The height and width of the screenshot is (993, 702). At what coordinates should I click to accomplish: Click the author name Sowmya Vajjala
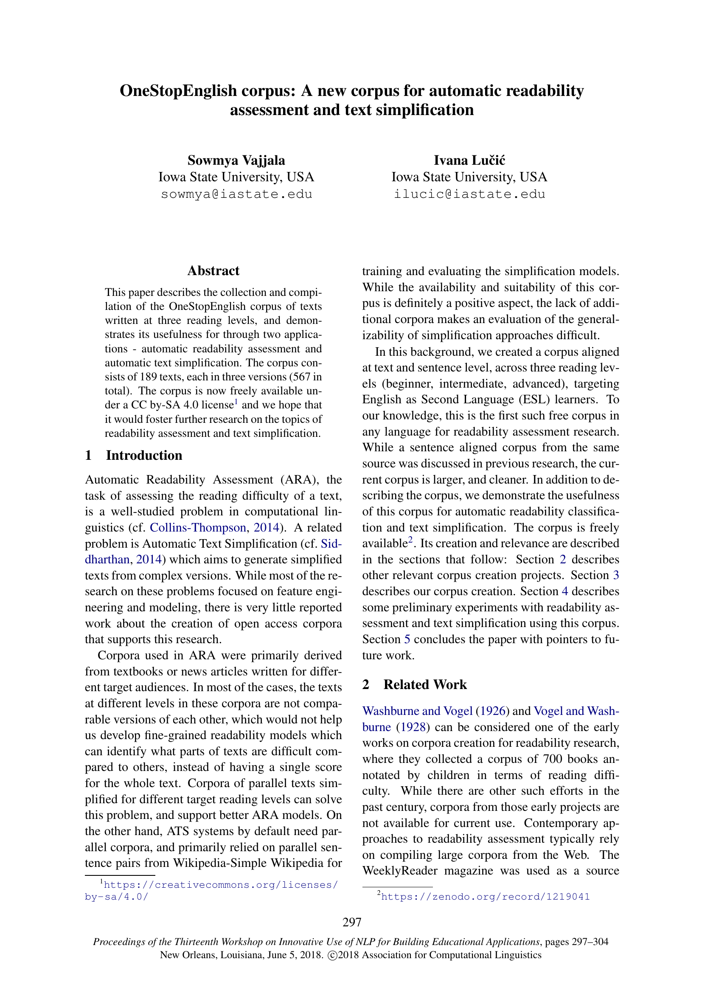coord(236,160)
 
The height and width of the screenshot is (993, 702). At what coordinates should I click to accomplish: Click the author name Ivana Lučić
coord(469,160)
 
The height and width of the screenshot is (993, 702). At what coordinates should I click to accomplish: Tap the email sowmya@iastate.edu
coord(236,194)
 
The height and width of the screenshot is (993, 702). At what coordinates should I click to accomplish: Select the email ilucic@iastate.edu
coord(469,194)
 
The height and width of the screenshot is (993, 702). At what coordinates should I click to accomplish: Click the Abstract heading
coord(213,271)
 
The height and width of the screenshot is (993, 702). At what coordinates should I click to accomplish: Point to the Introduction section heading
coord(144,456)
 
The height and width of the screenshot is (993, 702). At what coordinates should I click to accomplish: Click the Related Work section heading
coord(424,685)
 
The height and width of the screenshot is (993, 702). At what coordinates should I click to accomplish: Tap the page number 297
coord(351,923)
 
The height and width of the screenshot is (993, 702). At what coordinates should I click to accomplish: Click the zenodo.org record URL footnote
coord(485,897)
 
